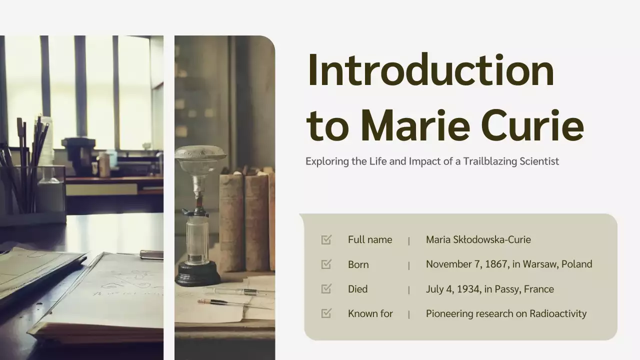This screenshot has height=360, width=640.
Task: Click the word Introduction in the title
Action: [x=430, y=70]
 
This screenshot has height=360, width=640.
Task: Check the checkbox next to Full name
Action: [x=326, y=240]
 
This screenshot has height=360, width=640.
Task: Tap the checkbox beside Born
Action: [x=326, y=264]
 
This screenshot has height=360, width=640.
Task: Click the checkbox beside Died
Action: [x=326, y=289]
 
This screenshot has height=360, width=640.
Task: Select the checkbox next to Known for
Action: [x=326, y=313]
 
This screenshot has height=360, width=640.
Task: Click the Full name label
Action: [x=370, y=240]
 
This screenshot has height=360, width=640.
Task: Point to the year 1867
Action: [x=495, y=264]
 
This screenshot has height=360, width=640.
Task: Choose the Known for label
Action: [x=370, y=314]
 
